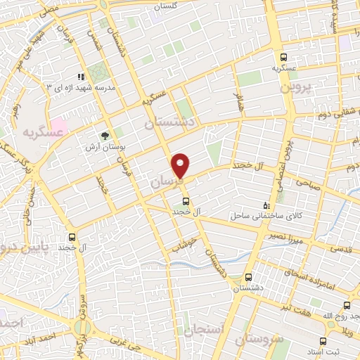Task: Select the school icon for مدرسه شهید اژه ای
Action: click(x=82, y=77)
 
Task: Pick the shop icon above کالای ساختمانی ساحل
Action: click(x=265, y=200)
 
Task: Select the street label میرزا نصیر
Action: click(x=285, y=236)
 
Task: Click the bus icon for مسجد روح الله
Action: click(x=347, y=305)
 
